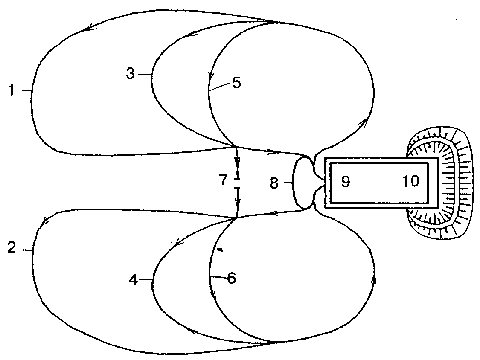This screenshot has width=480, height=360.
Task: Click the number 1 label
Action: click(12, 90)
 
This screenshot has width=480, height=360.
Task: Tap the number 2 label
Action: click(12, 248)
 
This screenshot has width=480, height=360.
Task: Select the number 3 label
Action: click(131, 74)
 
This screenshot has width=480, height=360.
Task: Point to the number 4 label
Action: click(134, 279)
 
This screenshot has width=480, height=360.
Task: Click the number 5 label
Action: click(236, 83)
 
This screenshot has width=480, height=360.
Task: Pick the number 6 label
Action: click(231, 278)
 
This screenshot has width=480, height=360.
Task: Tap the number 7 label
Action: click(224, 180)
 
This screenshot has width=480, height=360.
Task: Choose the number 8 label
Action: click(274, 183)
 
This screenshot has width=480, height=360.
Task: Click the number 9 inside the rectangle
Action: click(345, 182)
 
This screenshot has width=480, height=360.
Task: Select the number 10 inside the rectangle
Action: click(411, 181)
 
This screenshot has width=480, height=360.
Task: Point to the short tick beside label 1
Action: click(27, 90)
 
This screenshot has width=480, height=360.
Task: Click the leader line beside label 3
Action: click(145, 74)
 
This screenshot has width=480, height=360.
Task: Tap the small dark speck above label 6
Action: click(220, 250)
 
